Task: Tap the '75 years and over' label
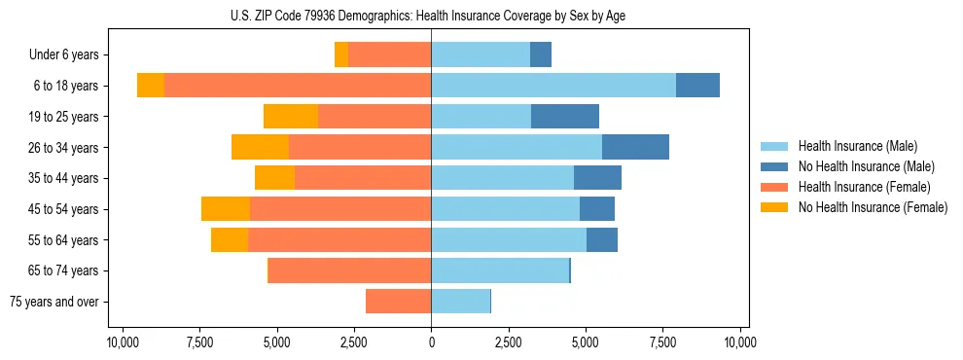tap(53, 302)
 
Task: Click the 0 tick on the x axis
tap(431, 342)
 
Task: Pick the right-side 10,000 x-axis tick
tap(740, 342)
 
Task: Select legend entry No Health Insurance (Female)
tap(873, 207)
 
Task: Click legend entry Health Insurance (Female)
tap(864, 187)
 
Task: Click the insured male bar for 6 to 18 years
tap(553, 86)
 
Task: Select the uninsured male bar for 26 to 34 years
tap(635, 147)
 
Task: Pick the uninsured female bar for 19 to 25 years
tap(291, 117)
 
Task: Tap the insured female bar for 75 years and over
tap(398, 302)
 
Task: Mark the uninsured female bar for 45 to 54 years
tap(226, 209)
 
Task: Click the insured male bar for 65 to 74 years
tap(500, 270)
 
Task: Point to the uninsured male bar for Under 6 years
tap(541, 55)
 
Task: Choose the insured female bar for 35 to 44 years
tap(363, 178)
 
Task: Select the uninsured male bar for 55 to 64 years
tap(602, 240)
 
